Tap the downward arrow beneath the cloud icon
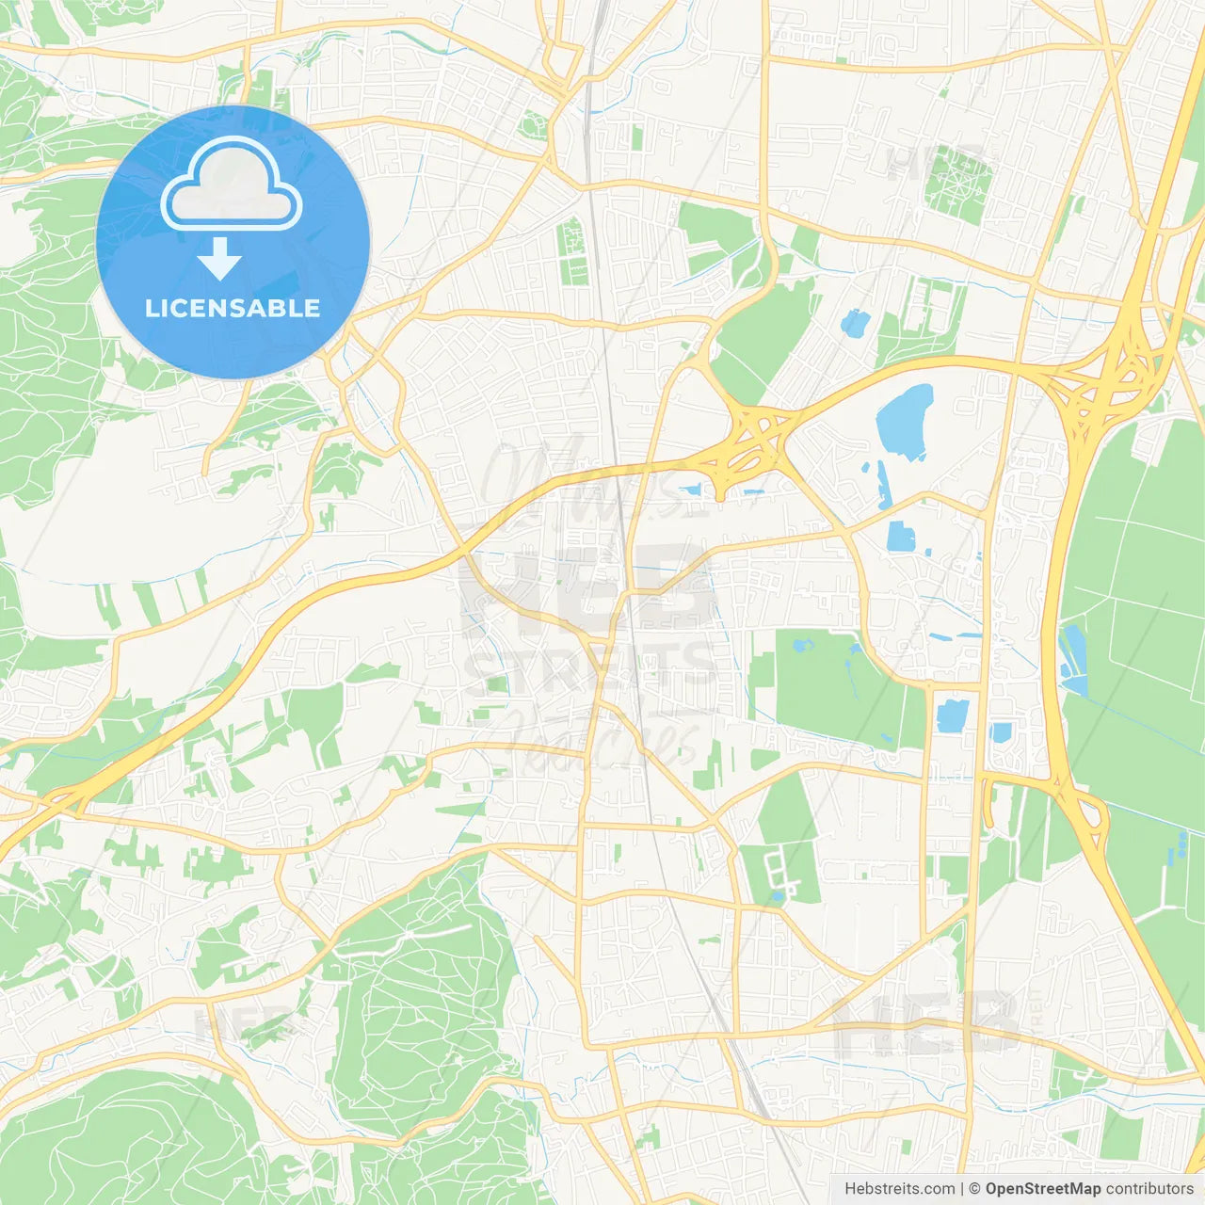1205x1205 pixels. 220,259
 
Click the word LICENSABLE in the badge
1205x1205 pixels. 233,308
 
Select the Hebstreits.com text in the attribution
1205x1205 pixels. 899,1189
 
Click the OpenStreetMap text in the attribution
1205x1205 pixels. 1043,1189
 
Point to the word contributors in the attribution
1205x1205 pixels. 1149,1189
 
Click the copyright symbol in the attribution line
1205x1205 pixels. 975,1189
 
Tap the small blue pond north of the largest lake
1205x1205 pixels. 855,323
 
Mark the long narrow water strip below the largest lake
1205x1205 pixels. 884,484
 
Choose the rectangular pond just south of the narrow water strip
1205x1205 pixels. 901,536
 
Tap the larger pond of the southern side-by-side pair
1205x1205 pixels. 952,715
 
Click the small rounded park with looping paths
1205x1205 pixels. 534,125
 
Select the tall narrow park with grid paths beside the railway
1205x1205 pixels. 571,251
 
